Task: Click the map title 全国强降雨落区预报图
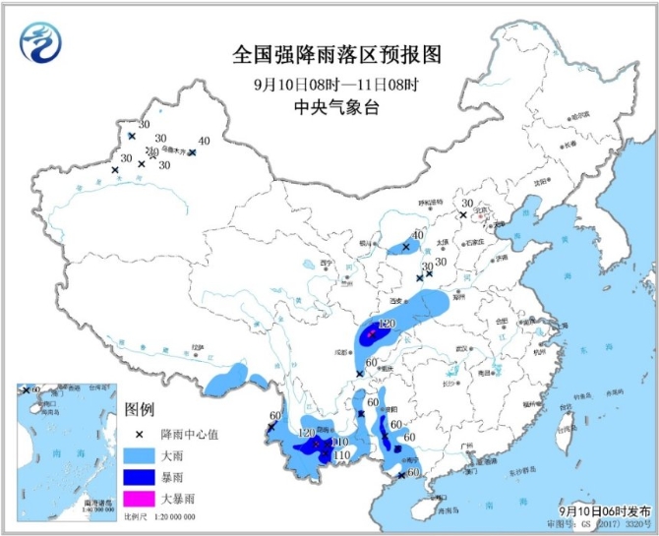point(329,53)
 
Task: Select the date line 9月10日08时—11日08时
point(329,84)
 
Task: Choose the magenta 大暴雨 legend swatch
point(142,505)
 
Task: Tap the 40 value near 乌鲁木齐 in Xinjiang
point(204,141)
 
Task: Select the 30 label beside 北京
point(466,204)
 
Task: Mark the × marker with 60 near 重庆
point(360,373)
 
